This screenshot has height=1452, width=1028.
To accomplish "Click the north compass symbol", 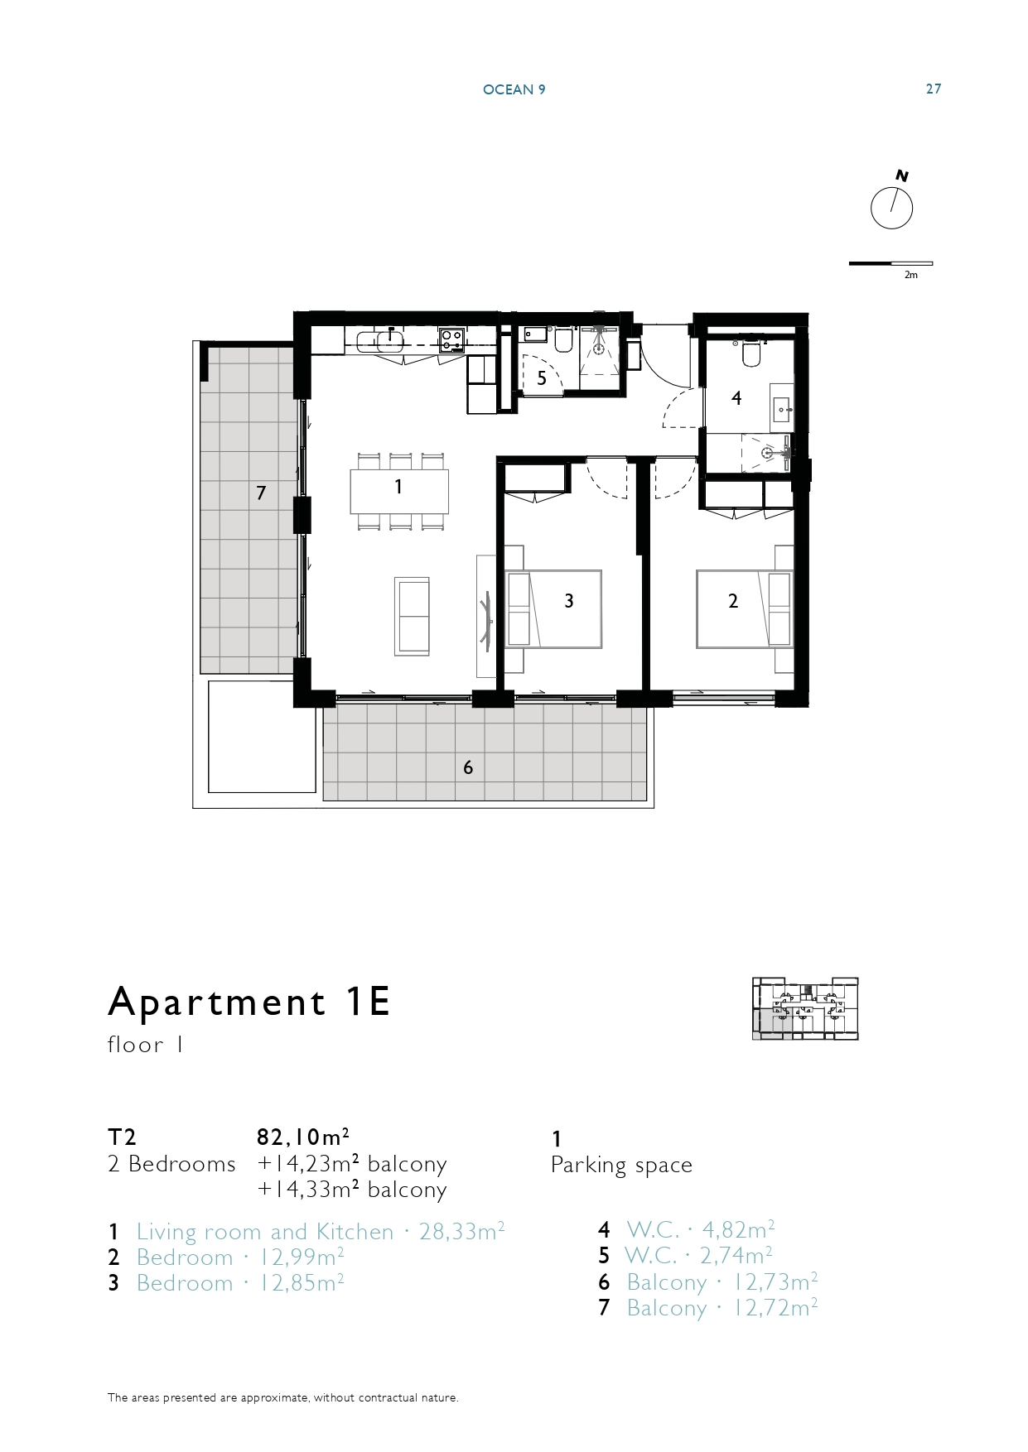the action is pos(892,204).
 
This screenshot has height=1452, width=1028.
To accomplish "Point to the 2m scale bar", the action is pos(890,264).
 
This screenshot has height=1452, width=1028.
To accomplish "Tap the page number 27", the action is pos(934,89).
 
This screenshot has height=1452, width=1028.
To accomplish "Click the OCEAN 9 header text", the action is pos(514,89).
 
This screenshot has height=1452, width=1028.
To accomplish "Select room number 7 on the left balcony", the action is pos(261,493).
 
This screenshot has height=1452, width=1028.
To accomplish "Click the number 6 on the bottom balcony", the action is pos(468,767).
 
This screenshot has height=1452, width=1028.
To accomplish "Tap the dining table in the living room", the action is pos(399,491).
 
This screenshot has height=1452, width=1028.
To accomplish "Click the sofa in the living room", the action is pos(412,617).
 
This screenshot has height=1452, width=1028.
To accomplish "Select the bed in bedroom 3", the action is pos(553,608).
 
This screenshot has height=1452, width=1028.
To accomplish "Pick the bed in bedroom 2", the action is pos(744,608).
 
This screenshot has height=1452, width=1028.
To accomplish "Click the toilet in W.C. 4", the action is pos(751,353).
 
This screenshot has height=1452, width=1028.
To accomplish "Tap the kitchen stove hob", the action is pos(451,339).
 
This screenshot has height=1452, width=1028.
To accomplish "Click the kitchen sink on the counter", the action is pos(389,340).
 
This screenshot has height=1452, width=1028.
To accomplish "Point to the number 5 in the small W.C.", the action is pos(542,378).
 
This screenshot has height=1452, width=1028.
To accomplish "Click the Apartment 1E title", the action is pos(249,1002).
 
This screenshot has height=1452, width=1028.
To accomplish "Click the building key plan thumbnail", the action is pos(805,1008).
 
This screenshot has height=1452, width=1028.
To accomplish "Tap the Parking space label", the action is pos(621,1165).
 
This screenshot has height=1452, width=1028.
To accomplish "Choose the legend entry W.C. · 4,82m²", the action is pos(701,1230).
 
